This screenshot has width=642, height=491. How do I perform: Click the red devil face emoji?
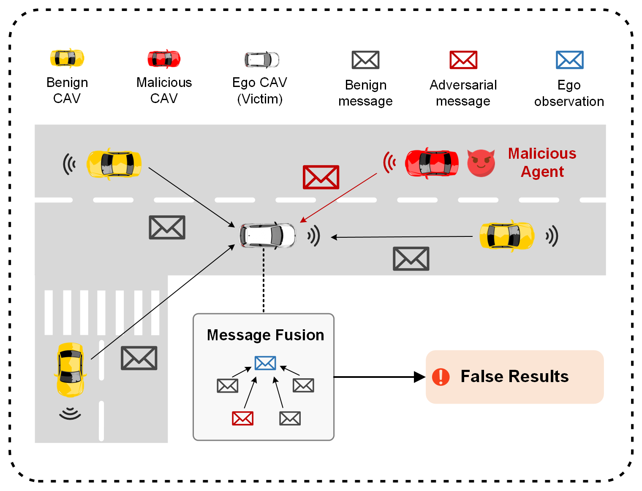click(x=481, y=163)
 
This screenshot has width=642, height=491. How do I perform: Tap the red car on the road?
click(x=432, y=163)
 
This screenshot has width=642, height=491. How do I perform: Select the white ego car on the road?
click(x=268, y=235)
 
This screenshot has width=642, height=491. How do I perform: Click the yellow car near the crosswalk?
click(x=71, y=370)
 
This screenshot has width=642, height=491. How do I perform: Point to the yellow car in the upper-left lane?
click(x=114, y=164)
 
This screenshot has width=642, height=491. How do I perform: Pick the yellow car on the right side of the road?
click(x=506, y=236)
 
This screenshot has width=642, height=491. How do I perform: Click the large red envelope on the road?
click(x=321, y=177)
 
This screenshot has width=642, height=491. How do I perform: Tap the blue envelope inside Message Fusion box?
click(x=265, y=363)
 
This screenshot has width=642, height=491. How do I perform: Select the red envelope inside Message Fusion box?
click(x=242, y=418)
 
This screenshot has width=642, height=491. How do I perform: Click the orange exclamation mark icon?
click(x=441, y=377)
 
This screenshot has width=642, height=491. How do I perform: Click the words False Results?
click(x=514, y=376)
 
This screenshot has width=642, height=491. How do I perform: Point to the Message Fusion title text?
click(x=265, y=335)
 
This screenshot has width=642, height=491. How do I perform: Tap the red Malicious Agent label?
click(x=542, y=163)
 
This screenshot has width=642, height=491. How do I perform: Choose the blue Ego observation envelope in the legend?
click(x=569, y=60)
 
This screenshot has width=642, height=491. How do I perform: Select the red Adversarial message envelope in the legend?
click(x=463, y=60)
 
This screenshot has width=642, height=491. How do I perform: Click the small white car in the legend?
click(x=262, y=60)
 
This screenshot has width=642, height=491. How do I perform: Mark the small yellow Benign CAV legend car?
click(x=67, y=58)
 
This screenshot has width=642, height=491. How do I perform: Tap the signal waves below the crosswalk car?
click(x=70, y=413)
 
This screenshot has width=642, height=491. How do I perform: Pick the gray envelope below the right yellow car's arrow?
click(x=411, y=259)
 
